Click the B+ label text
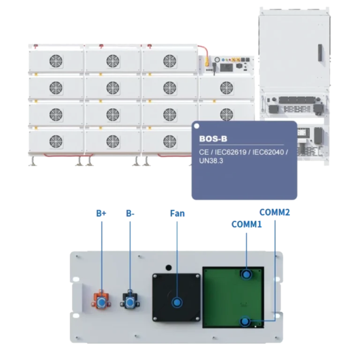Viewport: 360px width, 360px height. pyautogui.click(x=101, y=213)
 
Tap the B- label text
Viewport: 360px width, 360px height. pyautogui.click(x=130, y=213)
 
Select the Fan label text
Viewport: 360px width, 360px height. pyautogui.click(x=177, y=213)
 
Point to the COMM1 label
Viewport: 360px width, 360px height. pyautogui.click(x=247, y=225)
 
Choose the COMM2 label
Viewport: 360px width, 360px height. pyautogui.click(x=275, y=212)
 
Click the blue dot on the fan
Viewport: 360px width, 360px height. pyautogui.click(x=177, y=302)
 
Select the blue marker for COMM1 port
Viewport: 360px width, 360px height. pyautogui.click(x=247, y=275)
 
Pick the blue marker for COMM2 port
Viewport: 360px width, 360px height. pyautogui.click(x=245, y=321)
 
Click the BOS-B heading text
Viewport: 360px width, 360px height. pyautogui.click(x=213, y=139)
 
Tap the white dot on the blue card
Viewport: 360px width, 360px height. pyautogui.click(x=196, y=126)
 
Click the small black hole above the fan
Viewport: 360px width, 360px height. pyautogui.click(x=169, y=268)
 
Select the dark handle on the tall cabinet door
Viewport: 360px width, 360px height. pyautogui.click(x=320, y=52)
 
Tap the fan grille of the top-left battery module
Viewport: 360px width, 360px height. pyautogui.click(x=56, y=61)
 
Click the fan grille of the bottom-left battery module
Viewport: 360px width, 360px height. pyautogui.click(x=56, y=142)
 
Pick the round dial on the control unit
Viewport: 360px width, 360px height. pyautogui.click(x=217, y=60)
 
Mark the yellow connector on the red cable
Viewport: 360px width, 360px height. pyautogui.click(x=207, y=60)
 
